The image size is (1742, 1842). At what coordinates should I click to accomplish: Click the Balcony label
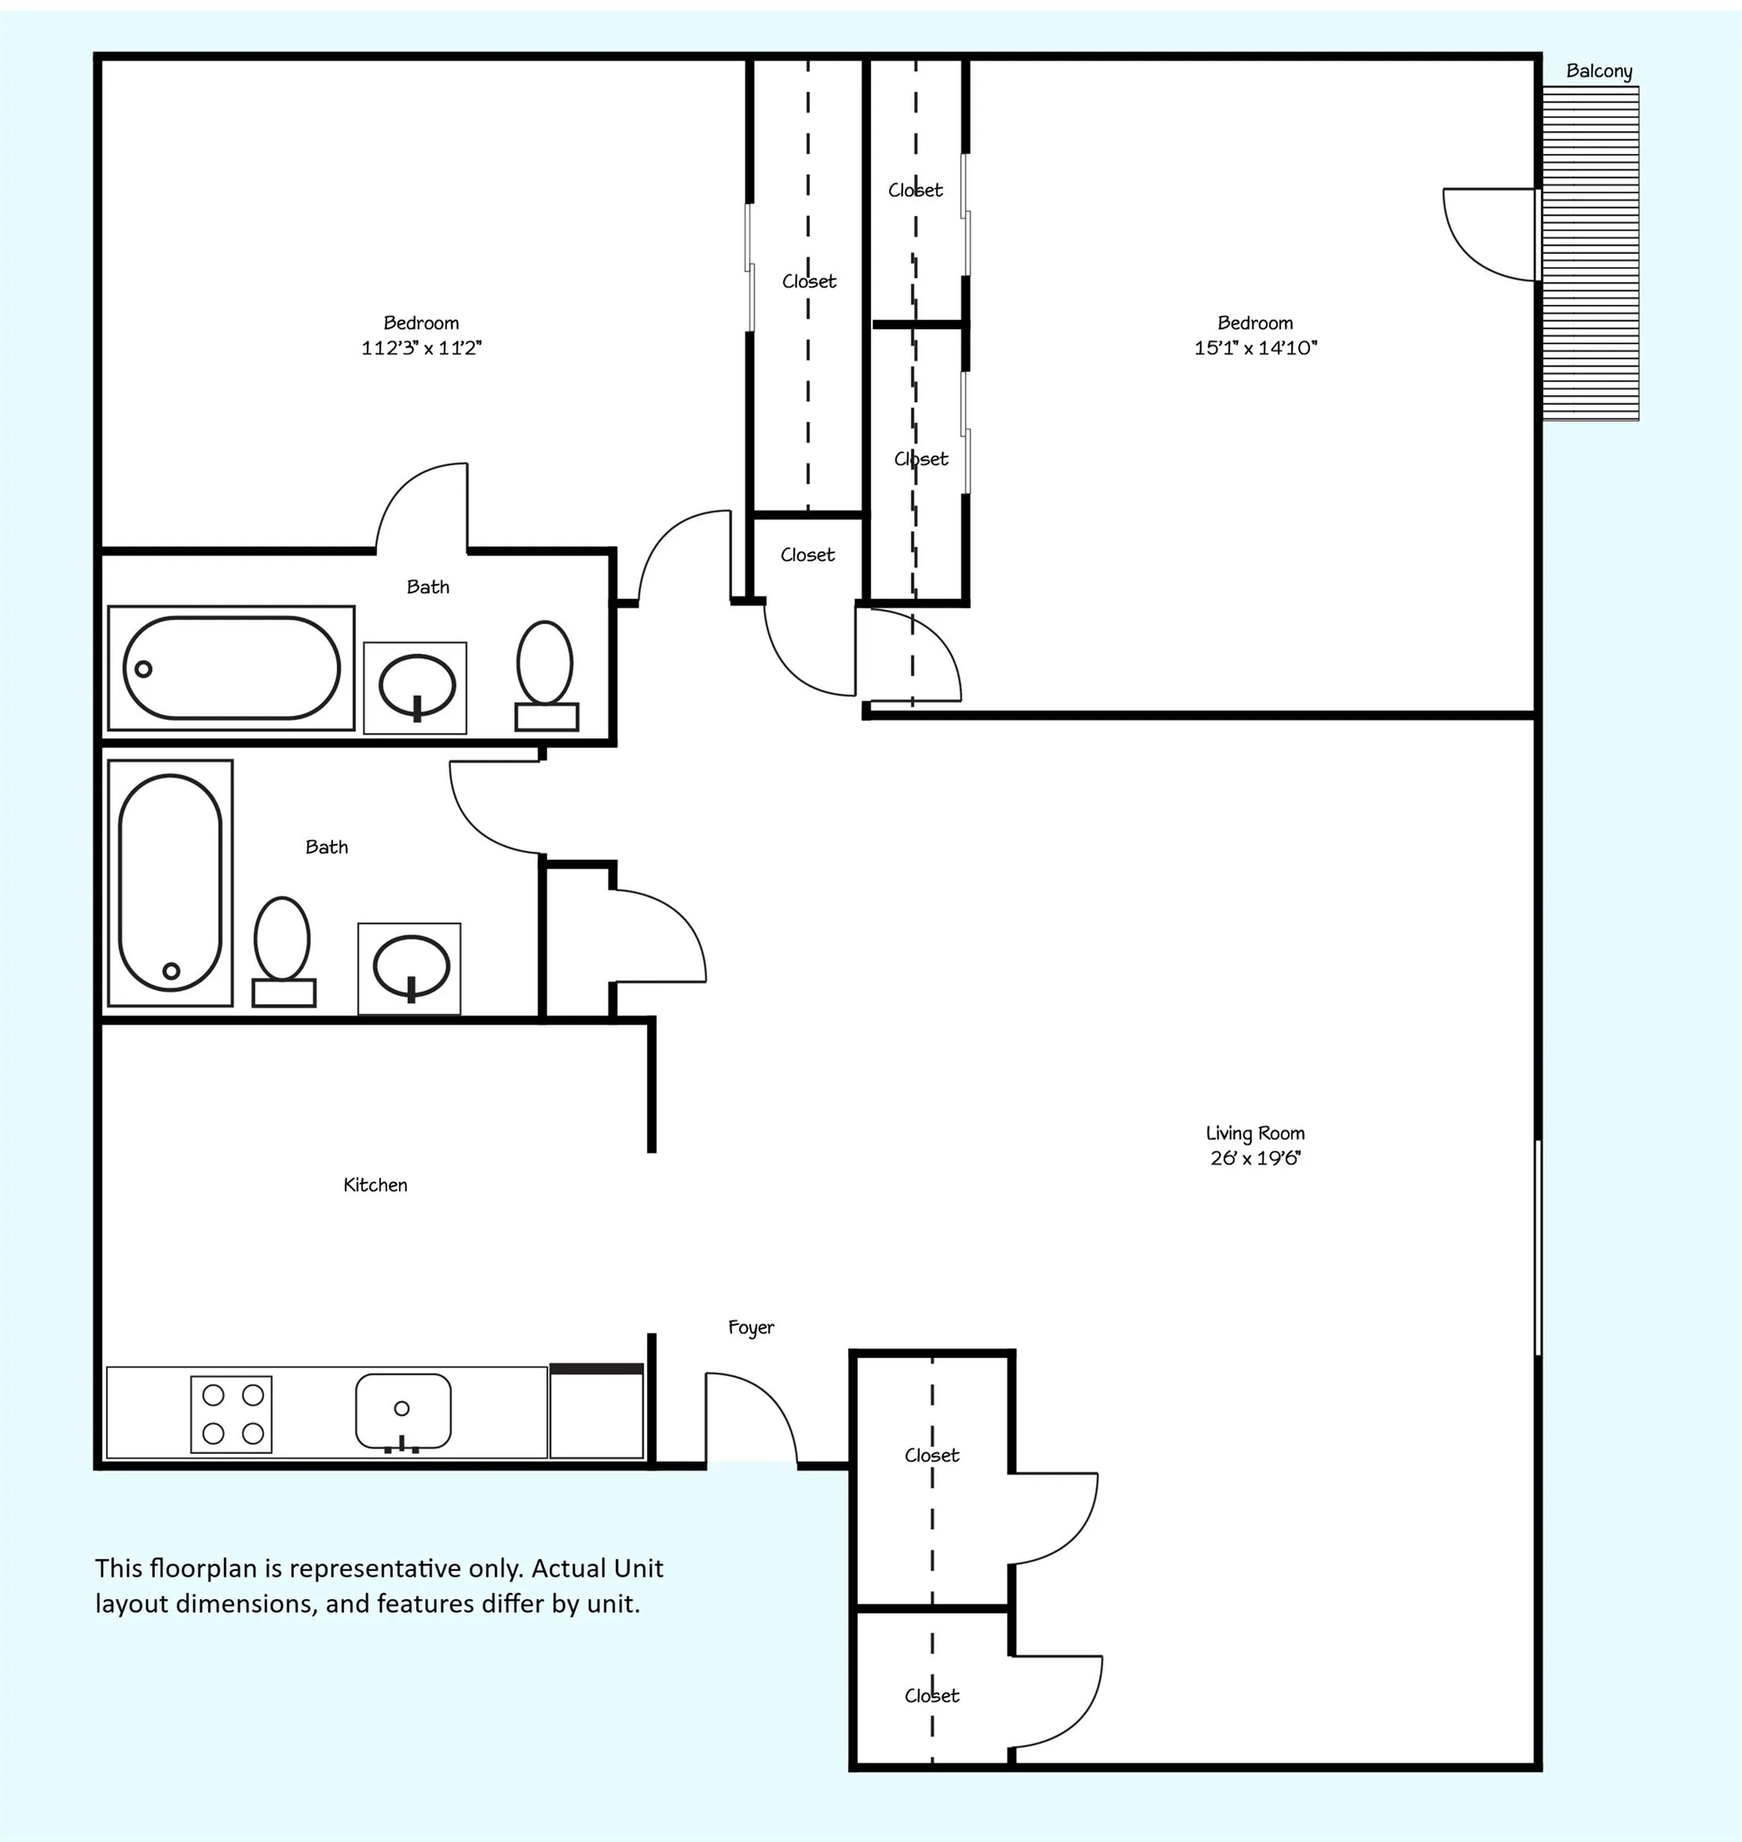pyautogui.click(x=1598, y=72)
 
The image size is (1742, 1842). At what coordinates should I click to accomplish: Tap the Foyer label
pyautogui.click(x=750, y=1328)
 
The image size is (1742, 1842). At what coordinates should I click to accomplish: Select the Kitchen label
pyautogui.click(x=375, y=1185)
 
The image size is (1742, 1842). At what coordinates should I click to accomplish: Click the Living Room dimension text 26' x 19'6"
pyautogui.click(x=1255, y=1158)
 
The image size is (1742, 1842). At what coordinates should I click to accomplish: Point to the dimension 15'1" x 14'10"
pyautogui.click(x=1255, y=348)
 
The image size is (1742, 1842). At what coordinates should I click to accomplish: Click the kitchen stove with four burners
pyautogui.click(x=231, y=1414)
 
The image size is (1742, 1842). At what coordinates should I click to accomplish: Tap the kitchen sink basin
pyautogui.click(x=403, y=1412)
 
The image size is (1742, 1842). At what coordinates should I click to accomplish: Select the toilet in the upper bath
pyautogui.click(x=546, y=675)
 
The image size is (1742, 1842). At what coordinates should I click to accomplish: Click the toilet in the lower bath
pyautogui.click(x=284, y=951)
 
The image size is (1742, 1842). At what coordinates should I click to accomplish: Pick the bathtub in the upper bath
pyautogui.click(x=231, y=668)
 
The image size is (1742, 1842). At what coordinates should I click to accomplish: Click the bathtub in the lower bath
pyautogui.click(x=170, y=882)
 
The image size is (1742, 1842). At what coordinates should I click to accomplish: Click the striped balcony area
pyautogui.click(x=1590, y=253)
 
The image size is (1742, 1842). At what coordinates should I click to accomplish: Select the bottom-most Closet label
pyautogui.click(x=931, y=1695)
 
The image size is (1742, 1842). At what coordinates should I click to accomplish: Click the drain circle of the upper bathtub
pyautogui.click(x=143, y=668)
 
